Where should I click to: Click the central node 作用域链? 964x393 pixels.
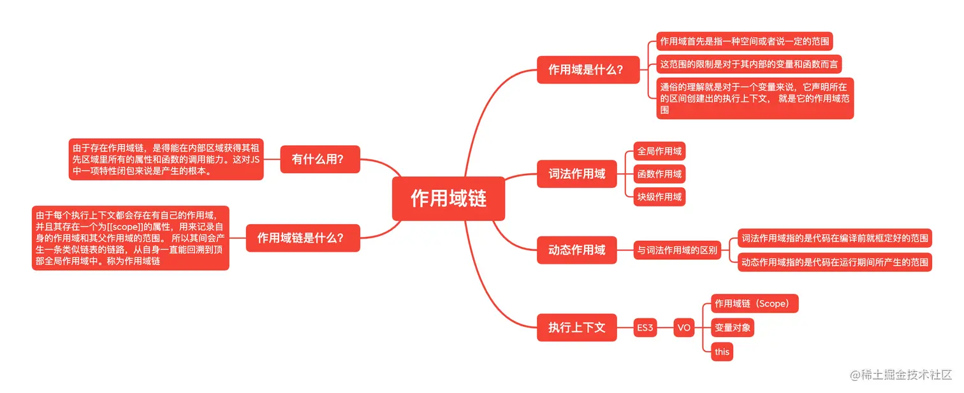pos(448,199)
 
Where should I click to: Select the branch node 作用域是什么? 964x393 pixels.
pos(585,69)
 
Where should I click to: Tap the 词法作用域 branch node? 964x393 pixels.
pos(576,173)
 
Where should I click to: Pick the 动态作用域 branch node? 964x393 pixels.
pos(576,250)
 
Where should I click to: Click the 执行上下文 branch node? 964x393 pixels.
pos(576,327)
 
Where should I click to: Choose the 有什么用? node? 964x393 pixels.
pos(319,159)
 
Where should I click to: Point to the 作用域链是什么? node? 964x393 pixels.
pos(302,238)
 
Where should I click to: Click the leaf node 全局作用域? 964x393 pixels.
pos(659,151)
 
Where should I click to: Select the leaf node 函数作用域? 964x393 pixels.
pos(659,174)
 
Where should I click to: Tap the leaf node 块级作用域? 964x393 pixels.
pos(659,196)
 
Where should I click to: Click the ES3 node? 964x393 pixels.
pos(645,328)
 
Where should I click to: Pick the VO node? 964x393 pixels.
pos(683,328)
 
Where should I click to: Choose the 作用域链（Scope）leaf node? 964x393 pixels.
pos(754,304)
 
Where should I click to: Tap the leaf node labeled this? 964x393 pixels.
pos(722,352)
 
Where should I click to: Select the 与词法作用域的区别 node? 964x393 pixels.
pos(677,250)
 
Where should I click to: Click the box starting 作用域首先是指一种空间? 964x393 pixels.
pos(745,41)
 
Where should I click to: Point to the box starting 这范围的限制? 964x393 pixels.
pos(750,64)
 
